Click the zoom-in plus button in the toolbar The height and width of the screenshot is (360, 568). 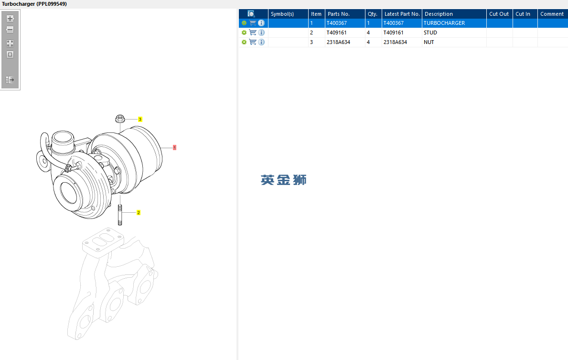click(x=10, y=19)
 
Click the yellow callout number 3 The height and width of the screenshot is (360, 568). click(x=140, y=119)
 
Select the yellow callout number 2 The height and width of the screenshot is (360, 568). click(x=139, y=212)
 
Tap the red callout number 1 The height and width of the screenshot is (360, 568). click(x=174, y=148)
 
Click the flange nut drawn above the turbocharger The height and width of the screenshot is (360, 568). click(x=120, y=119)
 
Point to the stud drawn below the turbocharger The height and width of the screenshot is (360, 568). click(x=120, y=215)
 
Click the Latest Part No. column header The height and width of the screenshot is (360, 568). click(x=402, y=14)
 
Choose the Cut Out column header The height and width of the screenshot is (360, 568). click(x=500, y=14)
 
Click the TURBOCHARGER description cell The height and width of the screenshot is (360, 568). click(x=444, y=23)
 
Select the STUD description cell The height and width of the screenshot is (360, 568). click(x=430, y=33)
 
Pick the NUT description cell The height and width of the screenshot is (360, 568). click(x=429, y=42)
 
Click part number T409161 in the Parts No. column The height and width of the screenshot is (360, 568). click(x=336, y=33)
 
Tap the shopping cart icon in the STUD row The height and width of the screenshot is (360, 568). click(x=253, y=32)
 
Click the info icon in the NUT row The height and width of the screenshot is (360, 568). click(x=261, y=42)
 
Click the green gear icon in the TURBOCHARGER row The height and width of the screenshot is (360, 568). click(x=244, y=23)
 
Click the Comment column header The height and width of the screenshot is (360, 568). click(x=552, y=14)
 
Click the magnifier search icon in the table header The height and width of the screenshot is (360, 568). click(x=251, y=14)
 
